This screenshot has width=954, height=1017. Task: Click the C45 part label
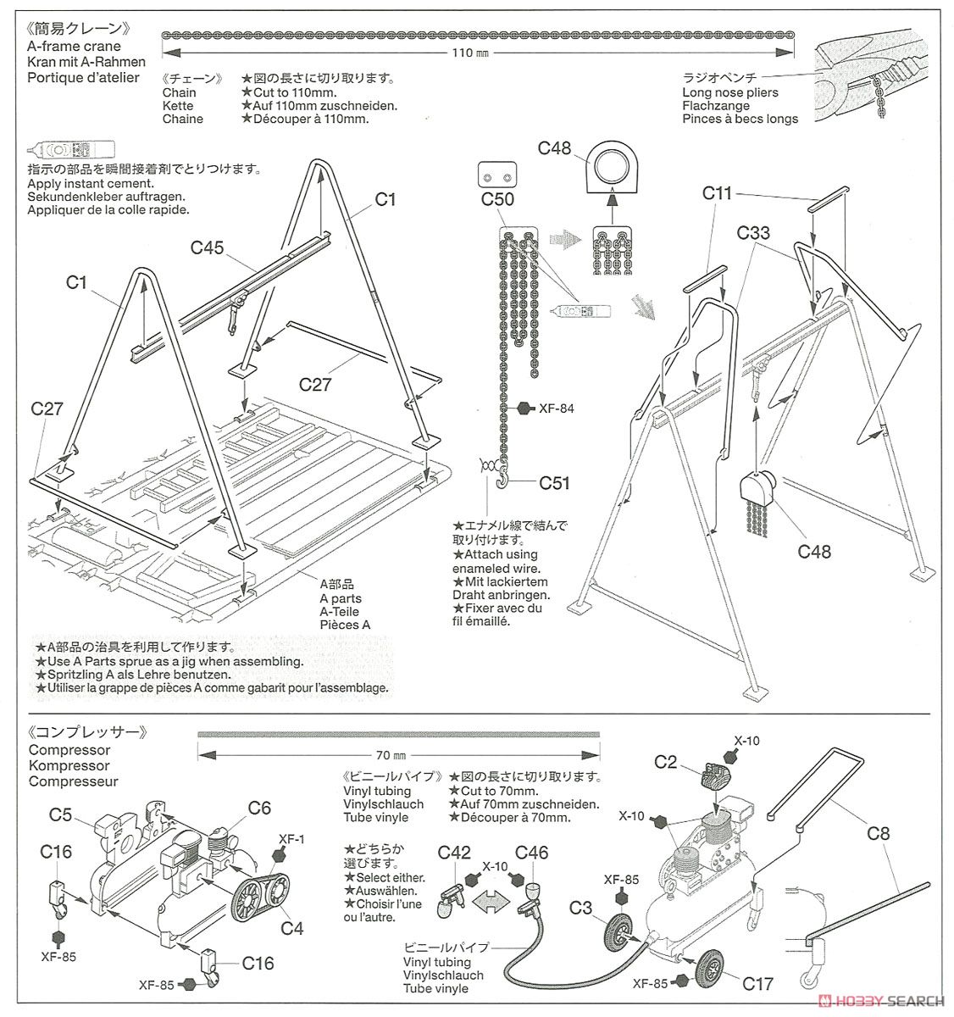[x=207, y=247]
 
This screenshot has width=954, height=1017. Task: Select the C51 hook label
[x=555, y=483]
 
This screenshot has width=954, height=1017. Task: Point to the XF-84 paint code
[x=556, y=408]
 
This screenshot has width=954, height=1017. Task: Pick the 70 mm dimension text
[x=391, y=754]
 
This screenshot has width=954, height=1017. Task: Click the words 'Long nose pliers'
[x=729, y=92]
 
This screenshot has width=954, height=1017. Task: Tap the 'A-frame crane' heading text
[x=75, y=47]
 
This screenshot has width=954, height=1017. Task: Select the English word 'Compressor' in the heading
[x=69, y=750]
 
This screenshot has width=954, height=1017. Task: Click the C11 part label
[x=717, y=193]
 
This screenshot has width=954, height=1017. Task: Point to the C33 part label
[x=753, y=232]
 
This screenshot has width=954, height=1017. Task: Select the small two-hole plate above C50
[x=496, y=175]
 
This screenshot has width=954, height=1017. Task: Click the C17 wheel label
[x=757, y=984]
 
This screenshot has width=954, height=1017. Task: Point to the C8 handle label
[x=879, y=833]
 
